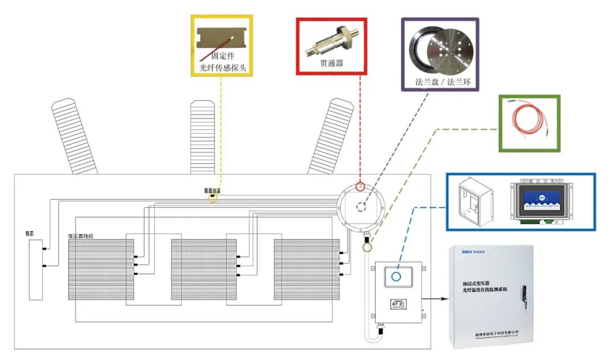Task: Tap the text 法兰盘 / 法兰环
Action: click(x=439, y=82)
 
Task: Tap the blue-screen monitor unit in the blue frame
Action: click(x=544, y=202)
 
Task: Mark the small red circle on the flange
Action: click(x=360, y=187)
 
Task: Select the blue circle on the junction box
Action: click(x=396, y=277)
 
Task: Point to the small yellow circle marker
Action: click(x=213, y=199)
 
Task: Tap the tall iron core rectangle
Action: click(x=35, y=269)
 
